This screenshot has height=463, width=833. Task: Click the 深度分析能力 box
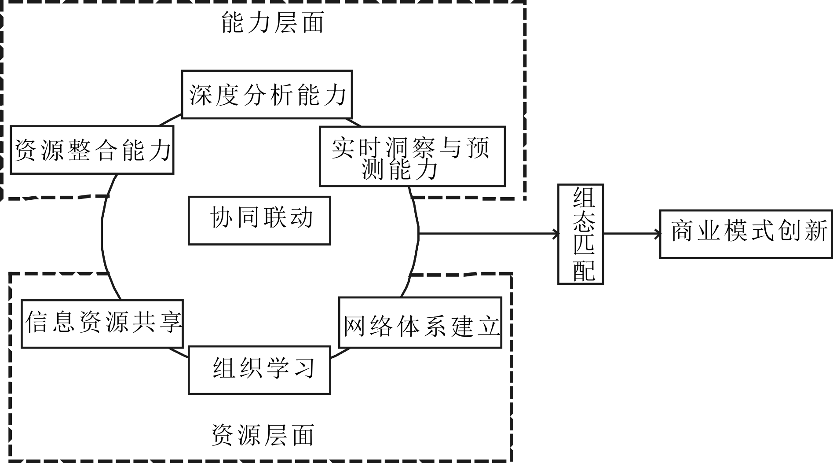pos(267,94)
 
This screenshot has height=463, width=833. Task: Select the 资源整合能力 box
pos(92,150)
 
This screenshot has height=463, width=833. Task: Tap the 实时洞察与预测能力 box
pos(412,156)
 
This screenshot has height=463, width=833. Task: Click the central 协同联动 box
pos(259,220)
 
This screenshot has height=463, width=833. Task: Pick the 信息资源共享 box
pos(102,324)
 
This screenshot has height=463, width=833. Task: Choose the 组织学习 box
pos(259,370)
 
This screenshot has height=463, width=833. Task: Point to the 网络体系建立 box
pos(420,323)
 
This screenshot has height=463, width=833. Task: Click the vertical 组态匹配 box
pos(581,234)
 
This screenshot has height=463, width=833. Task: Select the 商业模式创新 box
pos(746,234)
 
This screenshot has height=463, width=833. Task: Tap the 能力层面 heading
pos(272,23)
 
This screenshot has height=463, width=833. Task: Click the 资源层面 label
pos(263,435)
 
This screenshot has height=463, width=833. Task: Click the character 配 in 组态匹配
pos(584,270)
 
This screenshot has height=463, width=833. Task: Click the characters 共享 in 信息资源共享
pos(156,322)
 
